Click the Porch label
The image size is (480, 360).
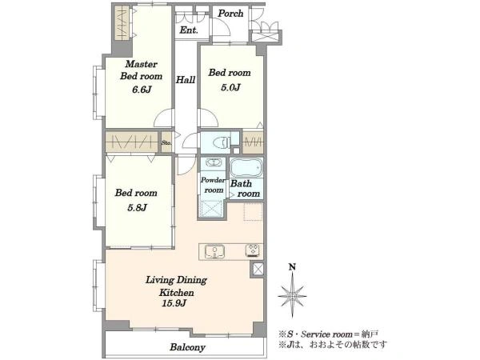(x=230, y=14)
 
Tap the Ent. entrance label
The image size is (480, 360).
(x=189, y=30)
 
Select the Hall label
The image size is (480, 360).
(x=186, y=80)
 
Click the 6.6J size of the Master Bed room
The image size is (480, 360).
(x=142, y=90)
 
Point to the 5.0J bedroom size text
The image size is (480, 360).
(x=230, y=87)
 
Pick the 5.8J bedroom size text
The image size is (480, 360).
(x=137, y=207)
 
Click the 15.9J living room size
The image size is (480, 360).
(x=174, y=303)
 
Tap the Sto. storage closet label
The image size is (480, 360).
(x=166, y=142)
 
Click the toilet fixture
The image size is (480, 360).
(x=221, y=142)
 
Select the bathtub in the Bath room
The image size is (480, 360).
(x=246, y=168)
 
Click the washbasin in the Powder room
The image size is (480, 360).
(x=213, y=162)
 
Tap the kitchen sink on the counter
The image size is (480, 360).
(x=215, y=251)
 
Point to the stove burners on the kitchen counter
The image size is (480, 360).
(x=254, y=250)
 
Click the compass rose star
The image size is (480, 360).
(x=292, y=296)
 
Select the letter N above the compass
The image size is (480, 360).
(x=292, y=267)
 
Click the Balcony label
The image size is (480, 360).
(x=187, y=347)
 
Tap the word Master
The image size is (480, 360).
(x=141, y=64)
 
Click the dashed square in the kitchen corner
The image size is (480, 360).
(x=253, y=211)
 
